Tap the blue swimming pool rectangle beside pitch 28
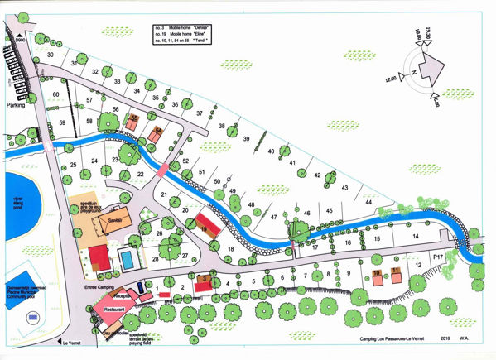[x=128, y=260]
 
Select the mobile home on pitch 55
[x=133, y=121]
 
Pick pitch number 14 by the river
[x=417, y=237]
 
